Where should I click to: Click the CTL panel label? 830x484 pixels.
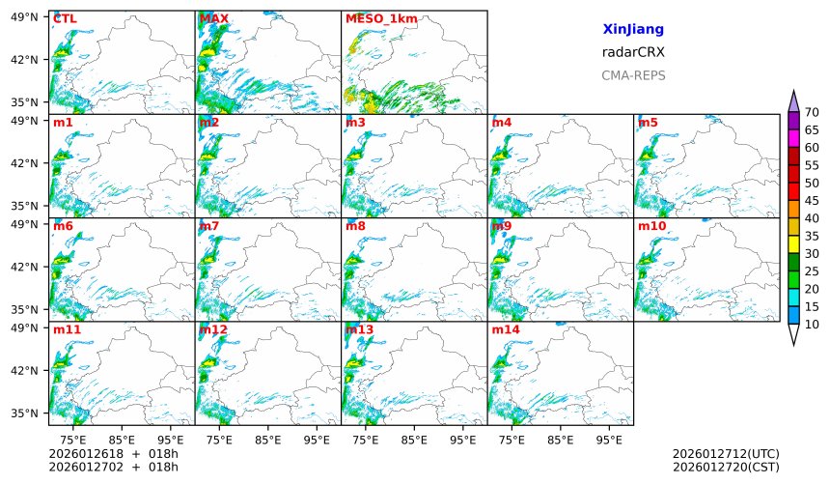[66, 18]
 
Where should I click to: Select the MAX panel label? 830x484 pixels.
[213, 18]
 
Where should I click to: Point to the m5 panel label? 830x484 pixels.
[648, 123]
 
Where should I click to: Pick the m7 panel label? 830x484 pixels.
[209, 226]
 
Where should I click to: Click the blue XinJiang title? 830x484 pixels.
[633, 30]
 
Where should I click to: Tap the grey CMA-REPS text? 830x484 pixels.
[633, 75]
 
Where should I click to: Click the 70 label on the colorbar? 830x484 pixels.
[812, 113]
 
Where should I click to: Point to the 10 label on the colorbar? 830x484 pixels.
[812, 325]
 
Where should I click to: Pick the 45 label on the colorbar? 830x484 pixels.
[812, 201]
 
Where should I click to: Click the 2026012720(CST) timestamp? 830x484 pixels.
[725, 467]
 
